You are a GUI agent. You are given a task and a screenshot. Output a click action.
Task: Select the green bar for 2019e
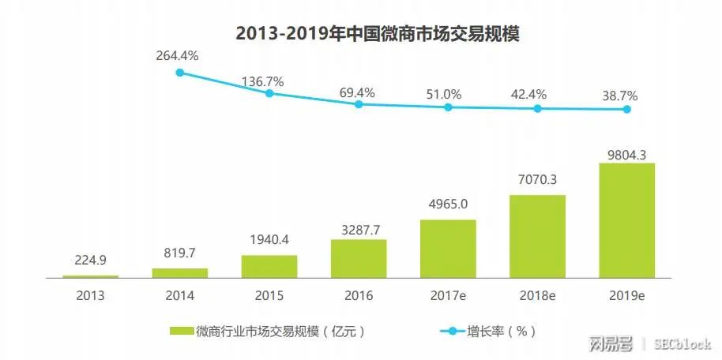[x=627, y=221]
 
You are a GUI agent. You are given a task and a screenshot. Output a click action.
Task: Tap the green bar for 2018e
[x=538, y=237]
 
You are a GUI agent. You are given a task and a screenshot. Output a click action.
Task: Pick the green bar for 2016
[x=359, y=258]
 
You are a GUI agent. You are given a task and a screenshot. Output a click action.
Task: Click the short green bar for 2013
[x=90, y=276]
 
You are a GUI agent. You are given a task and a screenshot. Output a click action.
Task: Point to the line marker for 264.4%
[x=180, y=73]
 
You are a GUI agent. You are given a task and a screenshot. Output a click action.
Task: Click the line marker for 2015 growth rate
[x=269, y=93]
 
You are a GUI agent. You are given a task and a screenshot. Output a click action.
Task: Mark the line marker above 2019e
[x=627, y=109]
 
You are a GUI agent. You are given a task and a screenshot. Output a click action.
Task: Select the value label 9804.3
[x=627, y=156]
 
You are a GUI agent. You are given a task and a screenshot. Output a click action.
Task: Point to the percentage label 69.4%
[x=359, y=92]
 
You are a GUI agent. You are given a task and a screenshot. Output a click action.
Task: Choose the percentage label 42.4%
[x=538, y=96]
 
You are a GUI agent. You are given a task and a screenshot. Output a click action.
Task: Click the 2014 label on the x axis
[x=179, y=297]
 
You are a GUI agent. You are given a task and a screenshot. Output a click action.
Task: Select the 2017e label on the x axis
[x=448, y=297]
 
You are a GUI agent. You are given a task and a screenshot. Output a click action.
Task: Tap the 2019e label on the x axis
[x=627, y=297]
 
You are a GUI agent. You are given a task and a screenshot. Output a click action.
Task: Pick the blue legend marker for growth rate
[x=453, y=331]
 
